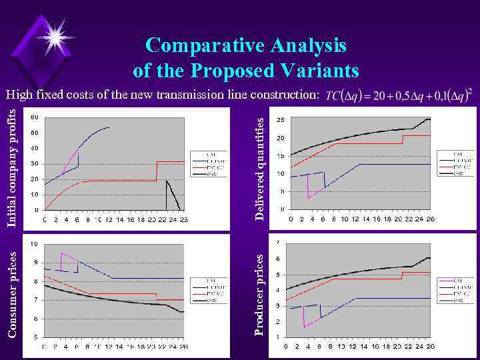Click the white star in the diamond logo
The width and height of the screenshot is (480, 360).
54,33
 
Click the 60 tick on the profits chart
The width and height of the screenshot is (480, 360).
35,117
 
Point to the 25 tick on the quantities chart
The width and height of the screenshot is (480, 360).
281,120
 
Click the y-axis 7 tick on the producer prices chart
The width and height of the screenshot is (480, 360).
278,242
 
